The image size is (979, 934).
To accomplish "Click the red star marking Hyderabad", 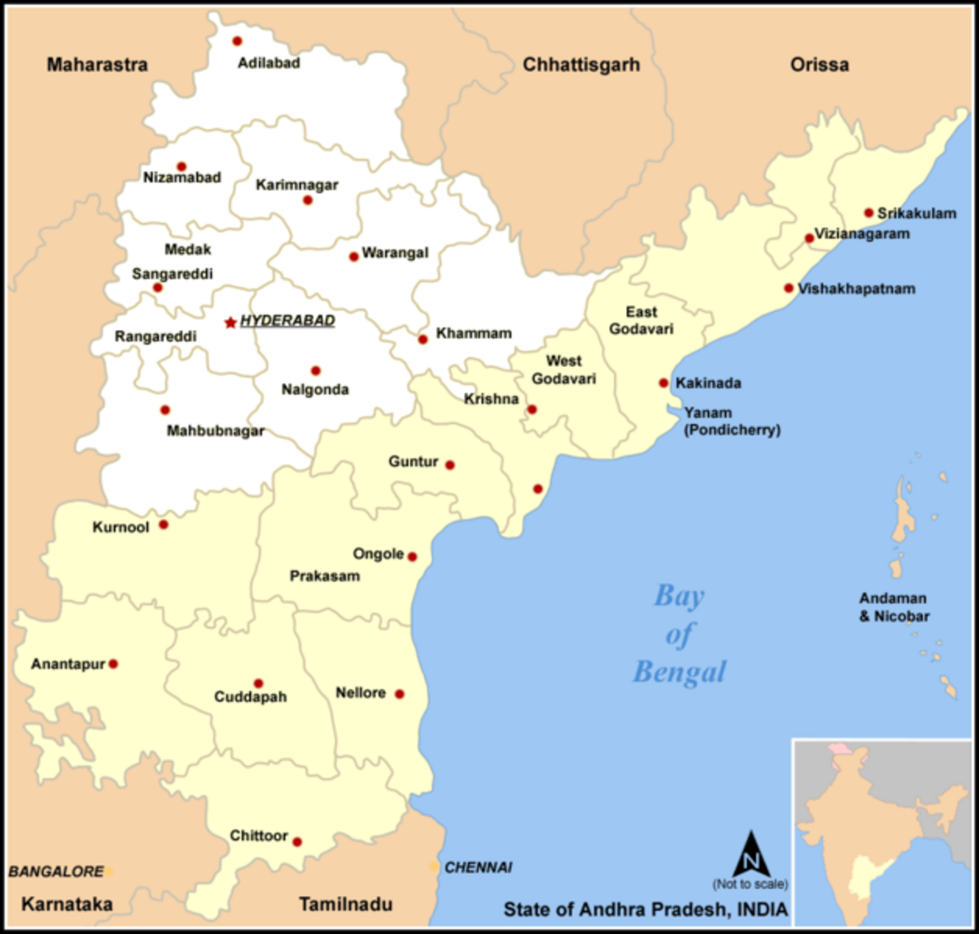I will tap(230, 323).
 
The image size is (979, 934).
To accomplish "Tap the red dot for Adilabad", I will tap(238, 41).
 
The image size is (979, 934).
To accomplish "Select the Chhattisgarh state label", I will tap(581, 65).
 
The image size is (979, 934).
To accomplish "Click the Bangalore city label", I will tap(56, 872).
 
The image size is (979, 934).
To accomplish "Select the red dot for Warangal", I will tap(354, 257).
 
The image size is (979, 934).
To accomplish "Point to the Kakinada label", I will tap(708, 384).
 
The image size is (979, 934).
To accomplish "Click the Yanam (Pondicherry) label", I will tap(732, 421).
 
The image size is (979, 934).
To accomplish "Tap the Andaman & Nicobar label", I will tap(894, 607).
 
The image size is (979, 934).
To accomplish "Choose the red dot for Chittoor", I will tap(297, 842).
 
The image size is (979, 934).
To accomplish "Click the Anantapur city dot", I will tap(114, 664).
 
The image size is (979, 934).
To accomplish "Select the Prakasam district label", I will tap(324, 576).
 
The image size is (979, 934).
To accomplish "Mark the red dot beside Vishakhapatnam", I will tap(789, 288).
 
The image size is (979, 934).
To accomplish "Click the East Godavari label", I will tap(641, 321).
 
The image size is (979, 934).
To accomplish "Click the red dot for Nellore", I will tap(400, 694).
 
